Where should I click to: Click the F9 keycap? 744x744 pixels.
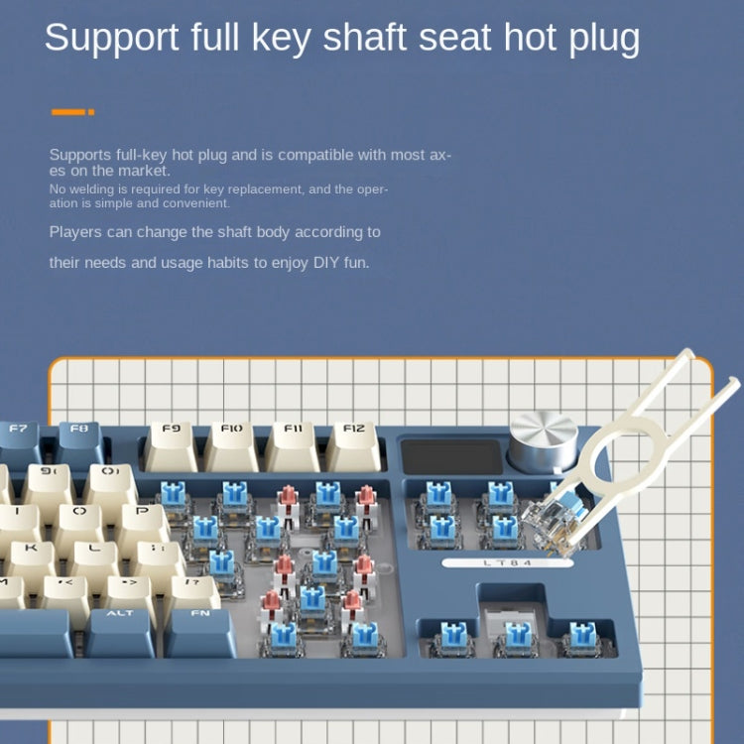tap(171, 446)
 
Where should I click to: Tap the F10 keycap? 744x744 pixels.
tap(231, 446)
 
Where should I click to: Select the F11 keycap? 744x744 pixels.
tap(293, 446)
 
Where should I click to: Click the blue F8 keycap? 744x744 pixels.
tap(80, 442)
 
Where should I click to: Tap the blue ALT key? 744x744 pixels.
tap(120, 633)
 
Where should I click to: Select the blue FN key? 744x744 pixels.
tap(200, 633)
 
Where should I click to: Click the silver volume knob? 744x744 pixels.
tap(543, 440)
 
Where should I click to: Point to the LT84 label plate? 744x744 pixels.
tap(507, 563)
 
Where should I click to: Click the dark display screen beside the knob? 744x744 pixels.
tap(451, 456)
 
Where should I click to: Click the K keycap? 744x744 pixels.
tap(32, 558)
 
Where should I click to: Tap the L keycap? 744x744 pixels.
tap(94, 558)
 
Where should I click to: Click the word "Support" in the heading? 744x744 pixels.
tap(111, 38)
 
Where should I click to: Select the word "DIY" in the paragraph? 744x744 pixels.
tap(326, 263)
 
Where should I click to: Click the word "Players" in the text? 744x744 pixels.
tap(75, 232)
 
